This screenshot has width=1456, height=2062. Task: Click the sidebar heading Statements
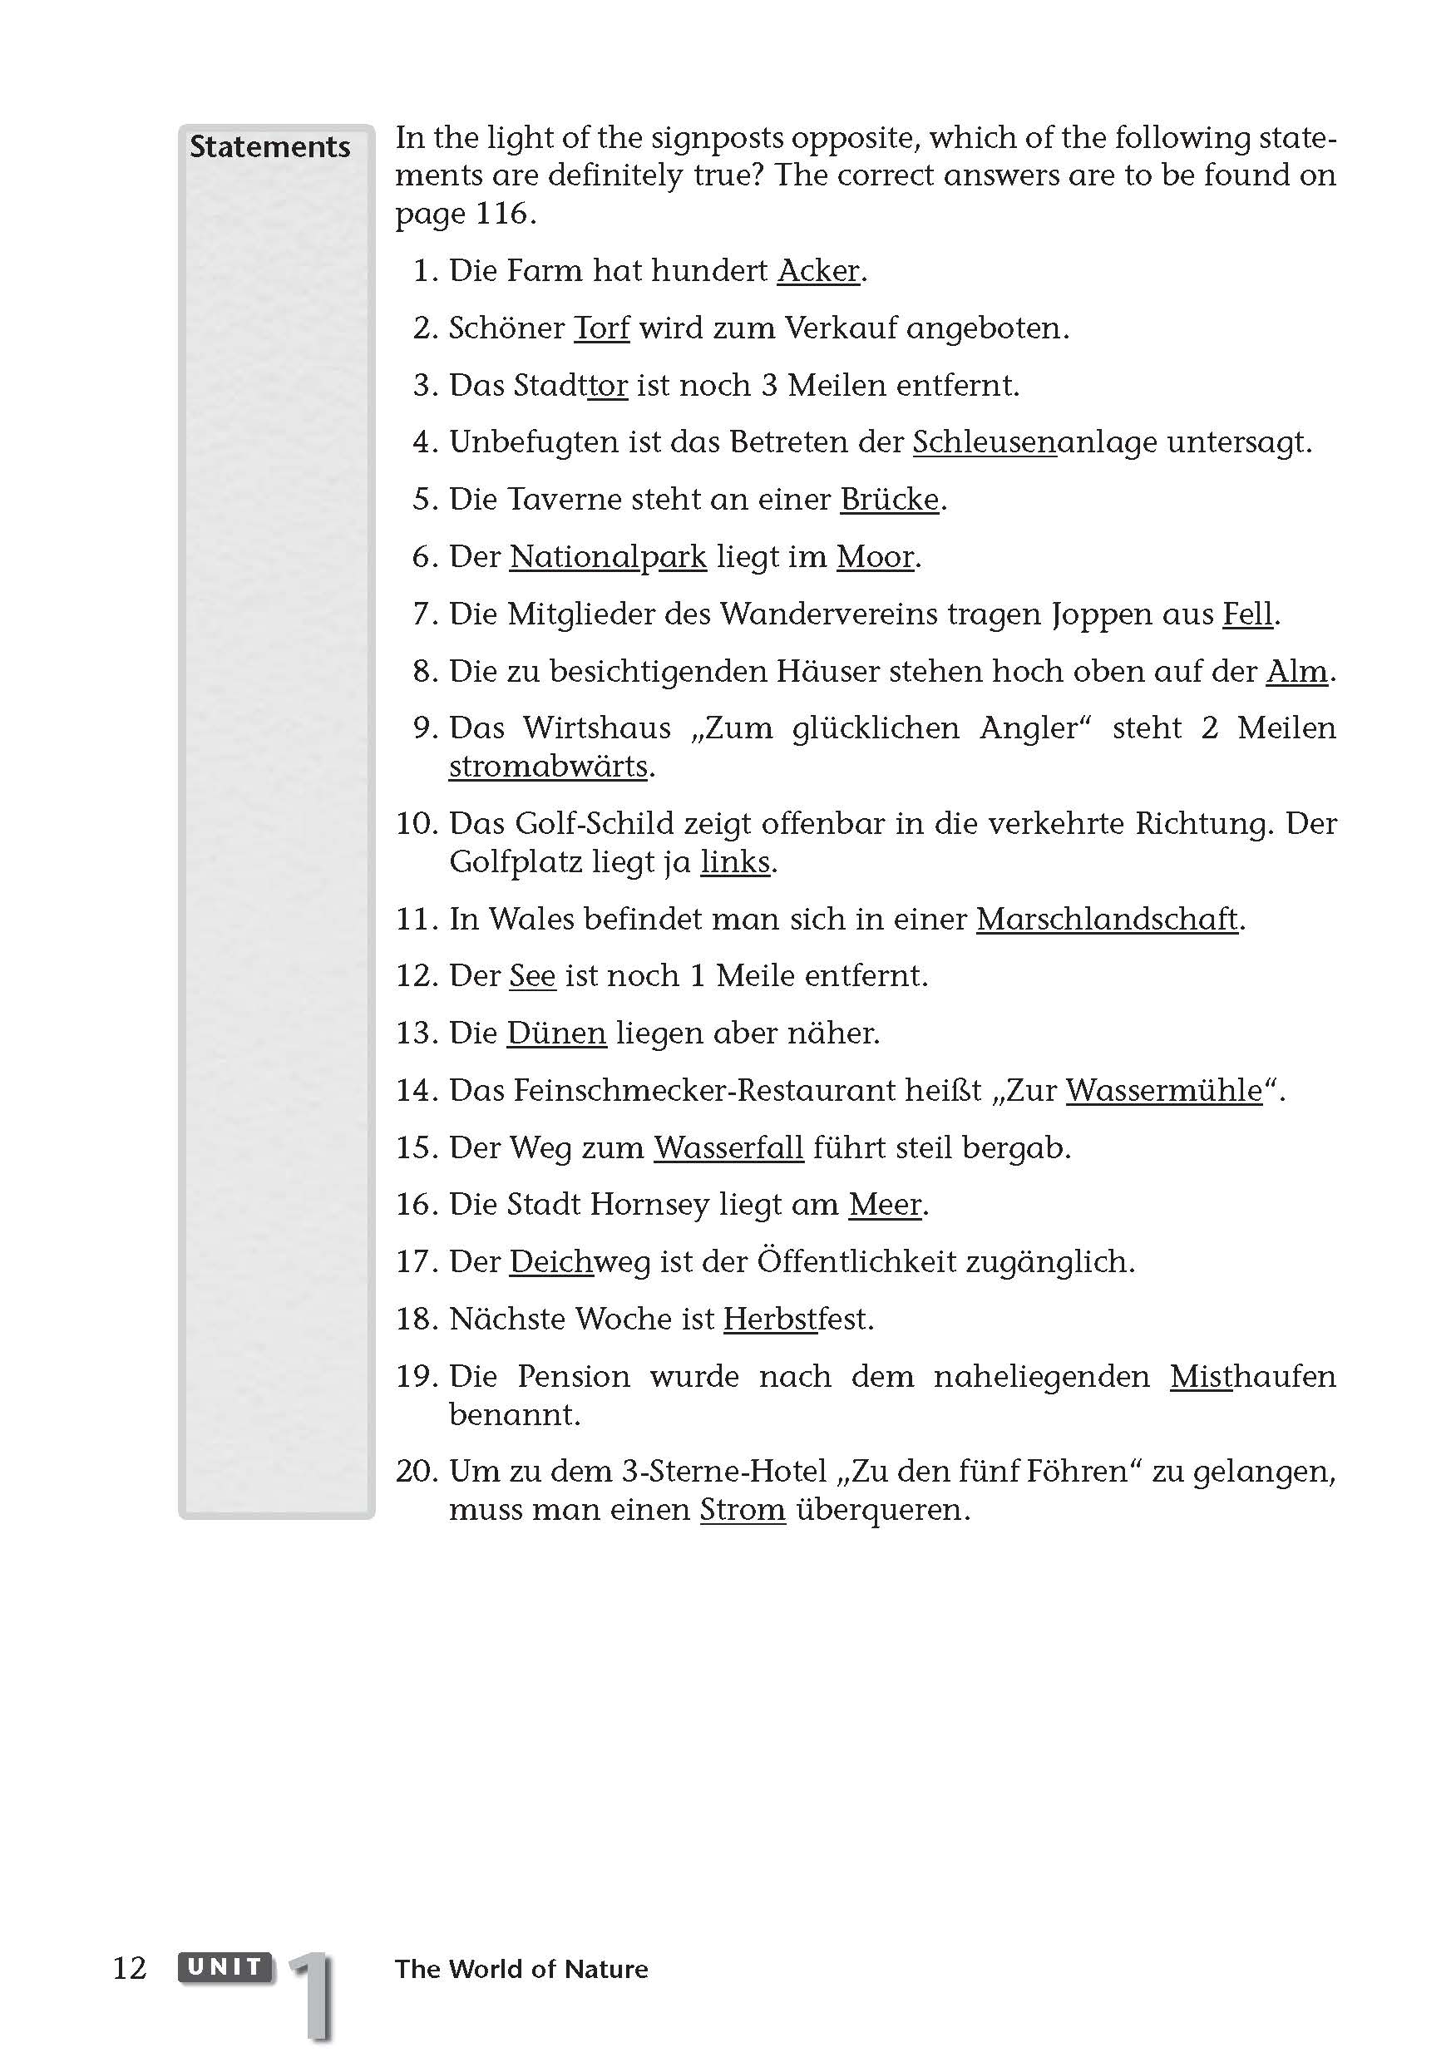coord(269,147)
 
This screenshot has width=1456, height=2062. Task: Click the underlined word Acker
coord(818,270)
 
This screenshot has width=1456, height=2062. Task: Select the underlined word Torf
coord(602,328)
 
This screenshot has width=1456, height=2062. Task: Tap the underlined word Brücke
coord(889,500)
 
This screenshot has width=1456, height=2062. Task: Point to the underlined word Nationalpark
coord(608,557)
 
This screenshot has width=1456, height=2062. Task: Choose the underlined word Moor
coord(875,557)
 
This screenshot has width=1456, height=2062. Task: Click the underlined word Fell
coord(1247,614)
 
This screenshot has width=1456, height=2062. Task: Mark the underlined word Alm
coord(1296,672)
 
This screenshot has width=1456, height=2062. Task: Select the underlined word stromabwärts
coord(549,767)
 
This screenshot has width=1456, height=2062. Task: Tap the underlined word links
coord(736,862)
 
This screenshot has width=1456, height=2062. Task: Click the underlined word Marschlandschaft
coord(1107,920)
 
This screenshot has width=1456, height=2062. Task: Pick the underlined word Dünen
coord(557,1033)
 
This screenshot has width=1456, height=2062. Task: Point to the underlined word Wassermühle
coord(1164,1091)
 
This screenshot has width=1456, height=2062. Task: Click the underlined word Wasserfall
coord(728,1148)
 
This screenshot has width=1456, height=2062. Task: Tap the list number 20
coord(416,1472)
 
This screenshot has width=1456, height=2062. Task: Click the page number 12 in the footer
coord(130,1969)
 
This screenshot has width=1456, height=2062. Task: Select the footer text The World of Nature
coord(521,1970)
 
